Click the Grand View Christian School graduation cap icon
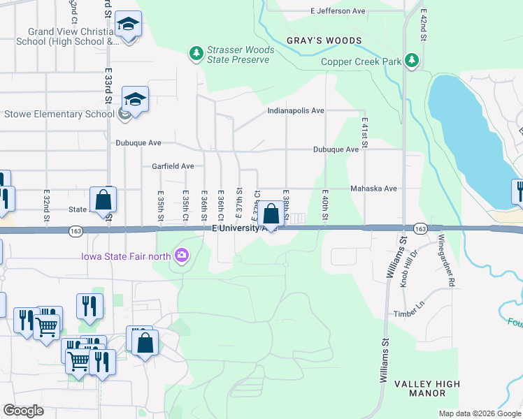(x=129, y=26)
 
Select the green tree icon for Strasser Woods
(x=197, y=53)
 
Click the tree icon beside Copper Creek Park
(x=413, y=61)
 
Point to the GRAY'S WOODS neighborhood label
(x=324, y=41)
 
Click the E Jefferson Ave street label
(x=338, y=11)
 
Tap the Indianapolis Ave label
(x=296, y=110)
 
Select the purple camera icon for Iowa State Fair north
(x=182, y=256)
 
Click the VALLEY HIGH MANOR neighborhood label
(x=427, y=388)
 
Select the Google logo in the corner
(x=23, y=411)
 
